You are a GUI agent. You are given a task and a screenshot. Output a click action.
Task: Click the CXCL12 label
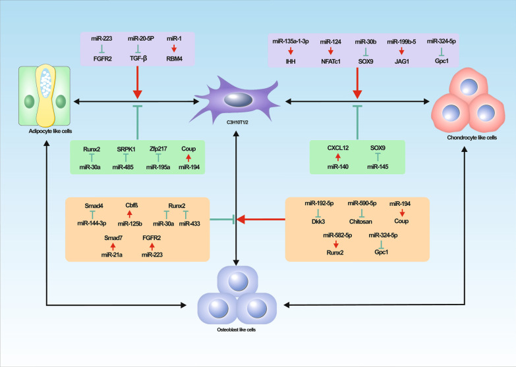point(337,149)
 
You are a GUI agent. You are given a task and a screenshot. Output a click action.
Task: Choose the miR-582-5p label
point(337,234)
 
